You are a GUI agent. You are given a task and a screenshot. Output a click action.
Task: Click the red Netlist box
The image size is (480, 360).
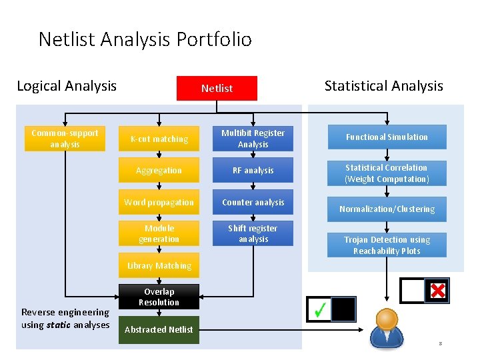point(217,88)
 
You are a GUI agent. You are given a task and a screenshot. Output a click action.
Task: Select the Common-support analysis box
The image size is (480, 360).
point(65,139)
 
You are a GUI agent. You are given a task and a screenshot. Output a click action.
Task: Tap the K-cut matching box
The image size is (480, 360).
point(159,139)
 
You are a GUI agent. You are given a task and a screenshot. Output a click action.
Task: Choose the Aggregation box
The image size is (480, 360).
point(159,171)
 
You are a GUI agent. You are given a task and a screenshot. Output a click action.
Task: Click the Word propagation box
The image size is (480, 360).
point(159,202)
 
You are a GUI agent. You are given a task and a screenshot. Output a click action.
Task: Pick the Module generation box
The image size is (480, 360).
point(159,233)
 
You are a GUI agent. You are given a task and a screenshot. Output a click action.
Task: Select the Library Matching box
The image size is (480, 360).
point(159,265)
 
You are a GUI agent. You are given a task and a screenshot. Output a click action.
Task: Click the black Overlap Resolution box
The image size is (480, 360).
point(159,297)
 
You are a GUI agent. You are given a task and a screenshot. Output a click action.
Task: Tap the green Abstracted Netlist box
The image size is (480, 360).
point(159,329)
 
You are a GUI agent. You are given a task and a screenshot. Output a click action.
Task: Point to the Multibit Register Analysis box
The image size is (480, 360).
point(253,139)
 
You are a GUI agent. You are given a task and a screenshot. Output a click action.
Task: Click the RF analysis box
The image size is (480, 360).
point(253,171)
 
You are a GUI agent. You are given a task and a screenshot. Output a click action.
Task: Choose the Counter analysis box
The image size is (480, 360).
point(253,202)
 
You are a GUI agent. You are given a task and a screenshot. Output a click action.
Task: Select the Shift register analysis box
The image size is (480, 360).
point(253,233)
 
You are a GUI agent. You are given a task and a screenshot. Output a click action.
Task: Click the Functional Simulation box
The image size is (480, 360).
point(387,137)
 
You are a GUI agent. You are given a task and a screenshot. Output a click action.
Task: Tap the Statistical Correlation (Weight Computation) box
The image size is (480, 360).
point(387,173)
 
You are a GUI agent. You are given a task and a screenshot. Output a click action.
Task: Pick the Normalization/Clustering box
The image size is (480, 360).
point(387,209)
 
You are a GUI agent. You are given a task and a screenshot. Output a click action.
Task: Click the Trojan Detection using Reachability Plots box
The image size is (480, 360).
point(387,245)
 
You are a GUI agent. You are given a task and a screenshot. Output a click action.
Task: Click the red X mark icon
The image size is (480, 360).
point(438,290)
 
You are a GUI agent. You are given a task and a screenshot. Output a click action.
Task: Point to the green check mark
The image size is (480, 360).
point(320,309)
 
